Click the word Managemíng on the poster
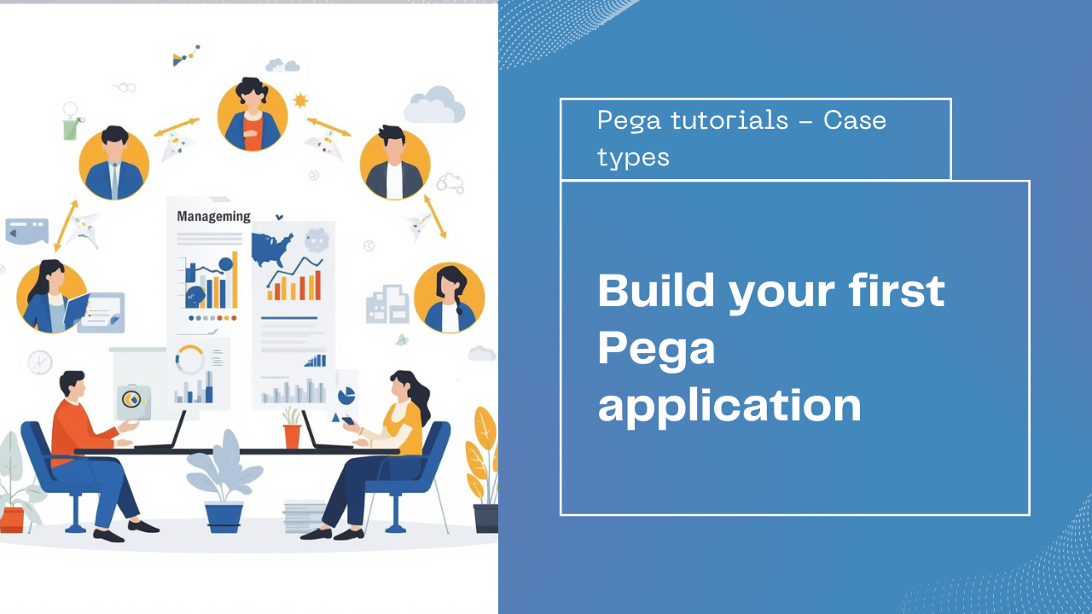click(213, 217)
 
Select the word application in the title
click(729, 406)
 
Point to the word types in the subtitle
click(633, 157)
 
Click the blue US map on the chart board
click(272, 248)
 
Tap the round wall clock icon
click(40, 362)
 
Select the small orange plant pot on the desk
click(292, 435)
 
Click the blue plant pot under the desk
click(224, 517)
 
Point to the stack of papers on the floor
click(305, 516)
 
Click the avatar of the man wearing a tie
click(114, 164)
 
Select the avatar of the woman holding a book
click(51, 297)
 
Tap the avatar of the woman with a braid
click(450, 297)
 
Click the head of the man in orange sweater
click(73, 385)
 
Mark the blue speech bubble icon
click(26, 230)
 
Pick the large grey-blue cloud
click(435, 106)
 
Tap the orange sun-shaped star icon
click(300, 101)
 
